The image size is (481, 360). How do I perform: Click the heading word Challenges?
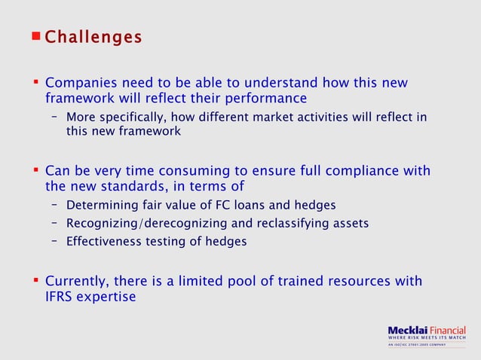pyautogui.click(x=93, y=37)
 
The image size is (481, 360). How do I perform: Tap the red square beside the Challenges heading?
pyautogui.click(x=36, y=35)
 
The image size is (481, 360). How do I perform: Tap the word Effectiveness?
pyautogui.click(x=103, y=241)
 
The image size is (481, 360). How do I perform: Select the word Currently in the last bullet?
pyautogui.click(x=78, y=281)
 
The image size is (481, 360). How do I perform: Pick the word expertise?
pyautogui.click(x=109, y=297)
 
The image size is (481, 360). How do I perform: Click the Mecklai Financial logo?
pyautogui.click(x=426, y=331)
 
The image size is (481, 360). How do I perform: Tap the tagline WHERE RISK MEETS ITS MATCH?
pyautogui.click(x=426, y=338)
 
